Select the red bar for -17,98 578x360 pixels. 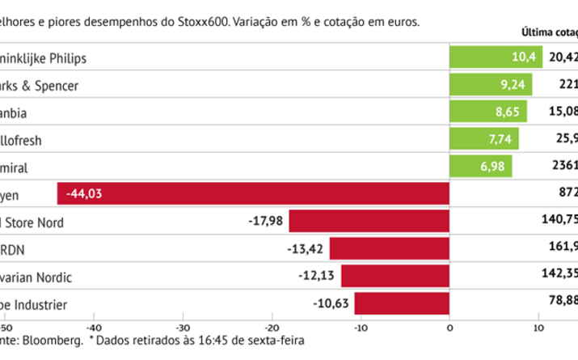pos(369,222)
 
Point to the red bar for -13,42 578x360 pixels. pos(389,249)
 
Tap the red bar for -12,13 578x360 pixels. pos(394,277)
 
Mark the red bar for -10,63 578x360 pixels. pos(402,304)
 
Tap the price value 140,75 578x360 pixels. pos(559,222)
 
